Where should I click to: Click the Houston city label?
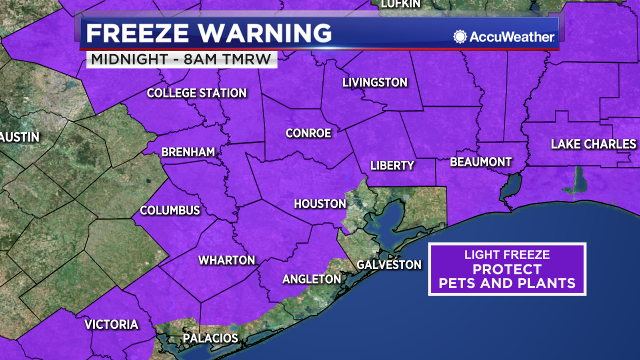click(320, 204)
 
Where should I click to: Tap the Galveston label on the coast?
click(389, 265)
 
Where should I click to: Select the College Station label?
click(197, 93)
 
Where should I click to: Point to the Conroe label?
click(308, 133)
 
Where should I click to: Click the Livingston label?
click(375, 83)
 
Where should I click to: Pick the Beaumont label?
click(481, 162)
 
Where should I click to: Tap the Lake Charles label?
click(593, 144)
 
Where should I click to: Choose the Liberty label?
click(392, 166)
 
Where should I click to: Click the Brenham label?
click(188, 152)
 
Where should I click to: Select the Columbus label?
click(170, 210)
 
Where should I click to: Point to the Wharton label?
click(227, 260)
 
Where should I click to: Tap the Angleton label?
click(312, 279)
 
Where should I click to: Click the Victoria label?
click(111, 324)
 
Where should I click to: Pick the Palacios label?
click(210, 338)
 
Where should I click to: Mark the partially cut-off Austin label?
click(19, 137)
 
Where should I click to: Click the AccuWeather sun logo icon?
click(460, 37)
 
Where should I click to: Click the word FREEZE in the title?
click(137, 33)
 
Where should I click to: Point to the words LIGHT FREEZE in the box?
click(507, 255)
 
